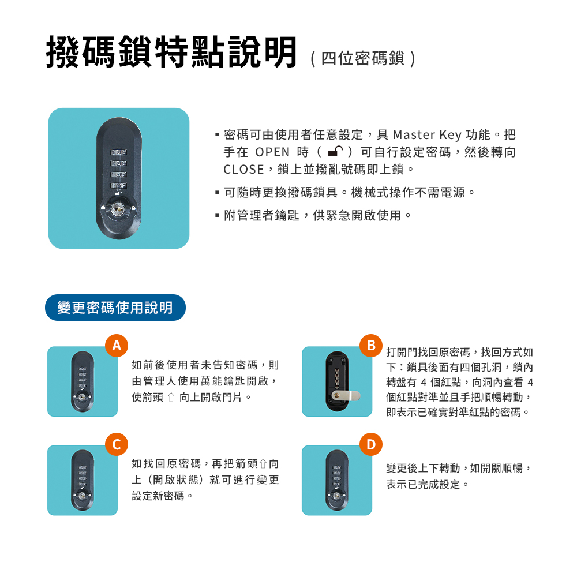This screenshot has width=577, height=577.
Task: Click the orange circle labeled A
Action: tap(117, 346)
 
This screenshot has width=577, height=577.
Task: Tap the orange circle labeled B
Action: tap(371, 346)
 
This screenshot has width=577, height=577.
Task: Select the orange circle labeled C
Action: tap(117, 444)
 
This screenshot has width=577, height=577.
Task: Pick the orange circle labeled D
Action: tap(371, 444)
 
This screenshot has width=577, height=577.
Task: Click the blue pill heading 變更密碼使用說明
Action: tap(115, 308)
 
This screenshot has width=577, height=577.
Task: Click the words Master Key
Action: tap(427, 135)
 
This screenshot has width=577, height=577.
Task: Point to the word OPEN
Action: tap(272, 152)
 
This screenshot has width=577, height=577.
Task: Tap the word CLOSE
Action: tap(243, 169)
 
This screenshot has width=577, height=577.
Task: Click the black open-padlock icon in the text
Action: tap(335, 151)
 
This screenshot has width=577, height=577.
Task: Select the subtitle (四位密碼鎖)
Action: tap(363, 58)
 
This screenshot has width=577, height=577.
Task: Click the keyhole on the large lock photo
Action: tap(118, 209)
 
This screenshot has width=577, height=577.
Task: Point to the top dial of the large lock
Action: tap(118, 152)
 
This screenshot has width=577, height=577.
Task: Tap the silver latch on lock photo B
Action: tap(346, 396)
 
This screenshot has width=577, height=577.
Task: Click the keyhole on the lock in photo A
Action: tap(82, 397)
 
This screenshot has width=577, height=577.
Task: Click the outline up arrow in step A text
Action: tap(171, 398)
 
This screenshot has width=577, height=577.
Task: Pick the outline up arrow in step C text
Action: tap(263, 464)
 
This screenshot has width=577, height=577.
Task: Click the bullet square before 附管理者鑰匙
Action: tap(217, 215)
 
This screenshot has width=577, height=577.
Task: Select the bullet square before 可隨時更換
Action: tap(217, 192)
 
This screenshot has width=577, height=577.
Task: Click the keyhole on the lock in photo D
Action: tap(336, 496)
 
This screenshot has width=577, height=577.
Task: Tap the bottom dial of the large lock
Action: tap(118, 186)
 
